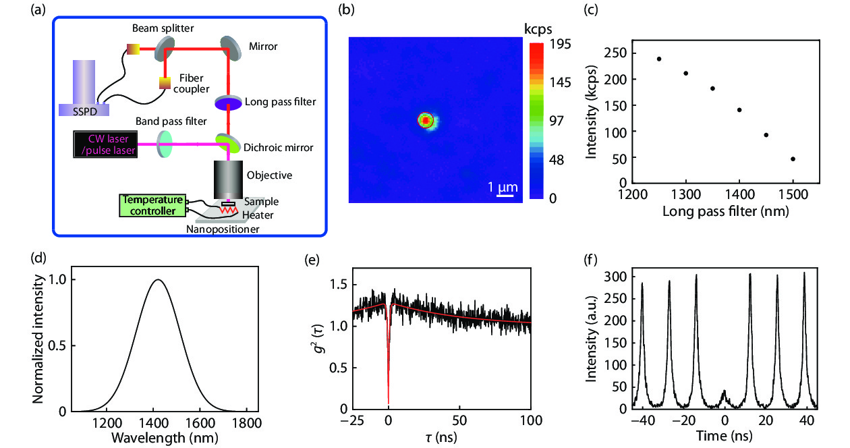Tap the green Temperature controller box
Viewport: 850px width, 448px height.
(152, 205)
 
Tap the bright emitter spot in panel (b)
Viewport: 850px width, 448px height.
(426, 120)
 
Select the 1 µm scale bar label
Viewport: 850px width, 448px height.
(501, 187)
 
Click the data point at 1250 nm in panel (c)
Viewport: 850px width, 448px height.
(659, 59)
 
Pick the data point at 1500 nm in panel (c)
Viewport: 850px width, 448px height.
(793, 159)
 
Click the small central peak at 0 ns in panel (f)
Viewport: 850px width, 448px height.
(724, 391)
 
